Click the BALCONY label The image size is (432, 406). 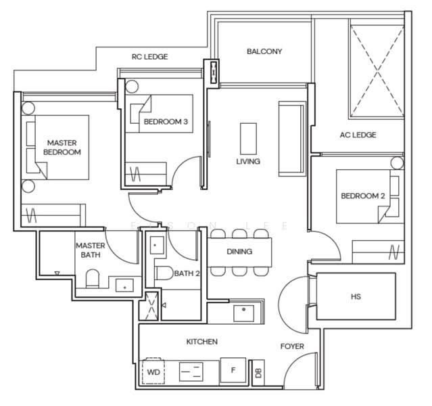click(x=264, y=51)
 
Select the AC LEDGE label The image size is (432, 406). click(x=358, y=135)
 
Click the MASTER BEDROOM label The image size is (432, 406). click(x=62, y=148)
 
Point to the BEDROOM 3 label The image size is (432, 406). click(x=166, y=122)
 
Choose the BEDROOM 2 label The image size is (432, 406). click(x=362, y=196)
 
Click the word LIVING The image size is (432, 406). click(x=248, y=162)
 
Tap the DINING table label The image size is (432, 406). click(x=239, y=252)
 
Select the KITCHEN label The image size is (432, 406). click(x=202, y=342)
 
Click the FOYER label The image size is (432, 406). click(x=292, y=346)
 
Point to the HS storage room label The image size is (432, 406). click(x=356, y=296)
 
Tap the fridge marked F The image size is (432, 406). click(x=233, y=371)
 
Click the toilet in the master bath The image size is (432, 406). click(x=93, y=279)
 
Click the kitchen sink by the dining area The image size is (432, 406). click(x=242, y=313)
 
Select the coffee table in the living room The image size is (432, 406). click(x=249, y=139)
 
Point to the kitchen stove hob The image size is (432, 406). click(x=191, y=371)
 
